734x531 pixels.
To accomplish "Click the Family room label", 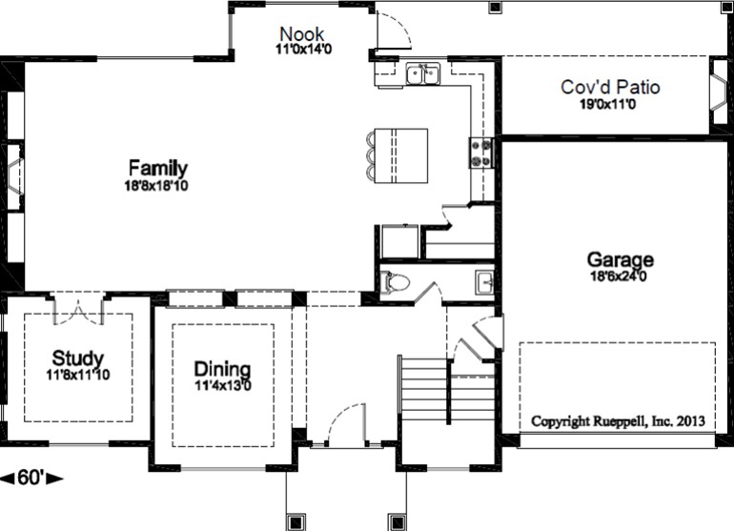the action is click(158, 168).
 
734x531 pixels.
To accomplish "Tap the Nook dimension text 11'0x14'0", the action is click(303, 49).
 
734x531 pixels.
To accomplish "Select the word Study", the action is click(78, 358).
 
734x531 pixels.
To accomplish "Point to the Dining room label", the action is click(222, 369).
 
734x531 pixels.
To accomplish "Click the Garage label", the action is click(621, 259).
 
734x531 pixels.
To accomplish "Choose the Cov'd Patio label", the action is click(610, 87).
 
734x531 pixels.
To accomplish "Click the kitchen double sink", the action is click(423, 74).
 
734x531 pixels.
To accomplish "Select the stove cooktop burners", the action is click(481, 153).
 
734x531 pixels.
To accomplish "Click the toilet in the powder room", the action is click(394, 282).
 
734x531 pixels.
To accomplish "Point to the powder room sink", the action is click(485, 282).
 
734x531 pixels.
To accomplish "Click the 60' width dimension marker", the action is click(31, 478).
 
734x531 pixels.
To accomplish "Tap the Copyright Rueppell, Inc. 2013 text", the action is click(618, 421).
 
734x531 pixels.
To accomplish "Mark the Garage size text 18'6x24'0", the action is click(619, 276).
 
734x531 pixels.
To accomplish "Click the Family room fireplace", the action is click(15, 176).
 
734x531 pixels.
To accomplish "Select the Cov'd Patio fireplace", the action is click(719, 92).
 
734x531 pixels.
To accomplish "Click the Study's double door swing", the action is click(78, 311).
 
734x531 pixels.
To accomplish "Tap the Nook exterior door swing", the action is click(394, 30).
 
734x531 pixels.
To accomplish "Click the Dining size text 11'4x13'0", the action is click(223, 386).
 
